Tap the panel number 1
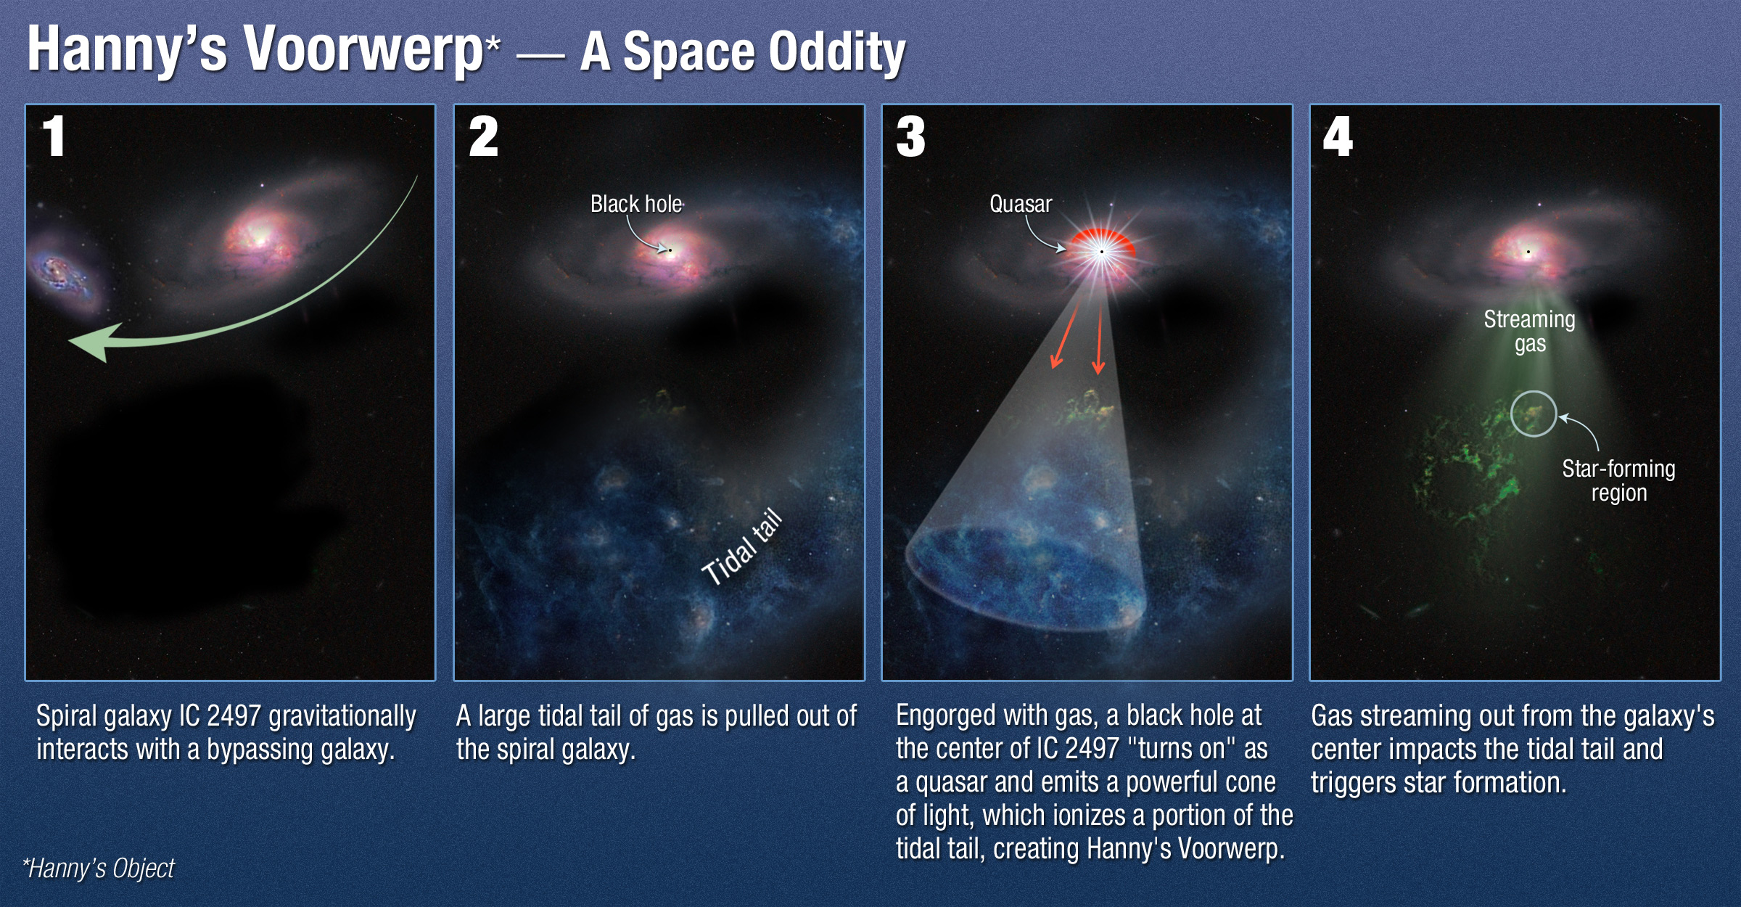point(54,136)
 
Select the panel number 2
point(483,136)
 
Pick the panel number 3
point(910,136)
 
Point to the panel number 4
point(1338,136)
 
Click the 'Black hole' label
point(636,204)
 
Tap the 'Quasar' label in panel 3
point(1021,204)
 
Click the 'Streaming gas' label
point(1529,331)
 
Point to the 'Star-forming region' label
point(1618,480)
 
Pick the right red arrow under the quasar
point(1099,338)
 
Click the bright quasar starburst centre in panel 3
point(1101,252)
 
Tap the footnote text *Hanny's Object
point(99,869)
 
